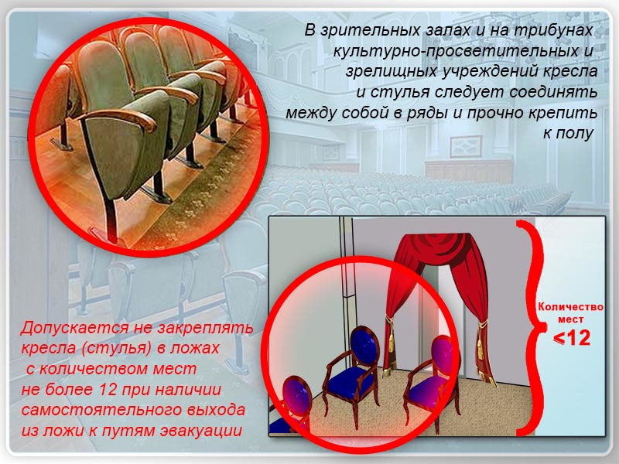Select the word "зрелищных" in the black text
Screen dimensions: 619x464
(391, 72)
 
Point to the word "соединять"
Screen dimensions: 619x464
(553, 92)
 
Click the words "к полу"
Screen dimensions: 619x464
(568, 133)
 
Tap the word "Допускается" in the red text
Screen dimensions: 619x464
(75, 328)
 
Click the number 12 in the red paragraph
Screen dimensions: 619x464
(108, 390)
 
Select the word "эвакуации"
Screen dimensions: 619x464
(200, 431)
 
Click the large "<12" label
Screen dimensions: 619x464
(572, 338)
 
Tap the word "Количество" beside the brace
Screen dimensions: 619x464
(571, 307)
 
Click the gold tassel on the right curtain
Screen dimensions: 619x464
(480, 339)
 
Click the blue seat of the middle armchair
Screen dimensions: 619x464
(349, 380)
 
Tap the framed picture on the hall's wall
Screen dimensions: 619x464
(467, 146)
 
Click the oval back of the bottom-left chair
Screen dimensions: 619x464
(297, 396)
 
